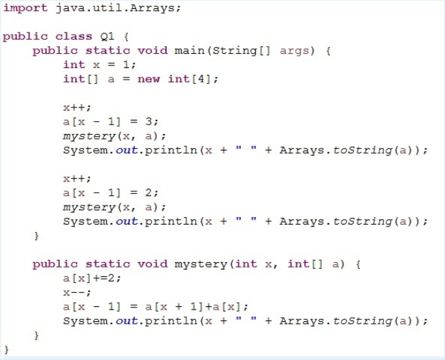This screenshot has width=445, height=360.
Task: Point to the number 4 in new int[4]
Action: click(206, 79)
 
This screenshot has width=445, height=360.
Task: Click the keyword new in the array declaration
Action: click(149, 79)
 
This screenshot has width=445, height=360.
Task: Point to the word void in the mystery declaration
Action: click(152, 264)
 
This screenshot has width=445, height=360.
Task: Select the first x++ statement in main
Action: click(74, 107)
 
